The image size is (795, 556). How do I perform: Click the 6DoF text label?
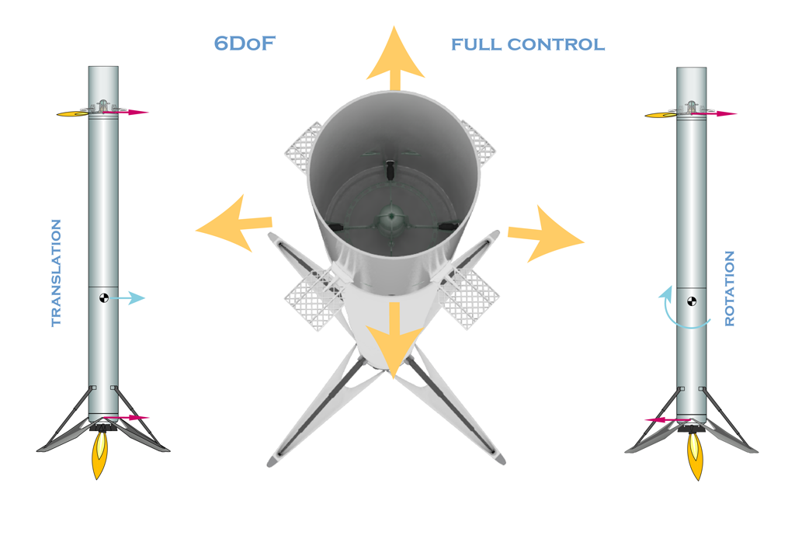tap(245, 43)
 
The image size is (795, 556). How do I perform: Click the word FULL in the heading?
tap(477, 44)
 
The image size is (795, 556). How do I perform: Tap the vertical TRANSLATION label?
tap(56, 273)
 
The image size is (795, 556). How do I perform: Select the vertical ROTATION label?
tap(730, 288)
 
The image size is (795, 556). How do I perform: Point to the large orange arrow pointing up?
tap(395, 58)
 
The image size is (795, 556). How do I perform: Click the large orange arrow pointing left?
tap(234, 224)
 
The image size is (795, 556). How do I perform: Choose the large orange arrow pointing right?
tap(546, 235)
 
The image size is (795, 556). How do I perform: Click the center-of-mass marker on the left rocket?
tap(104, 297)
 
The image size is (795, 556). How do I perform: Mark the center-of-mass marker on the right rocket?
tap(692, 302)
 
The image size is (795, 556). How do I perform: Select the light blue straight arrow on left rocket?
tap(128, 297)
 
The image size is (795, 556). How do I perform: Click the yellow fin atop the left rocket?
tap(72, 113)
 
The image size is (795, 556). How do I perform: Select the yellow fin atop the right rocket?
tap(661, 115)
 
